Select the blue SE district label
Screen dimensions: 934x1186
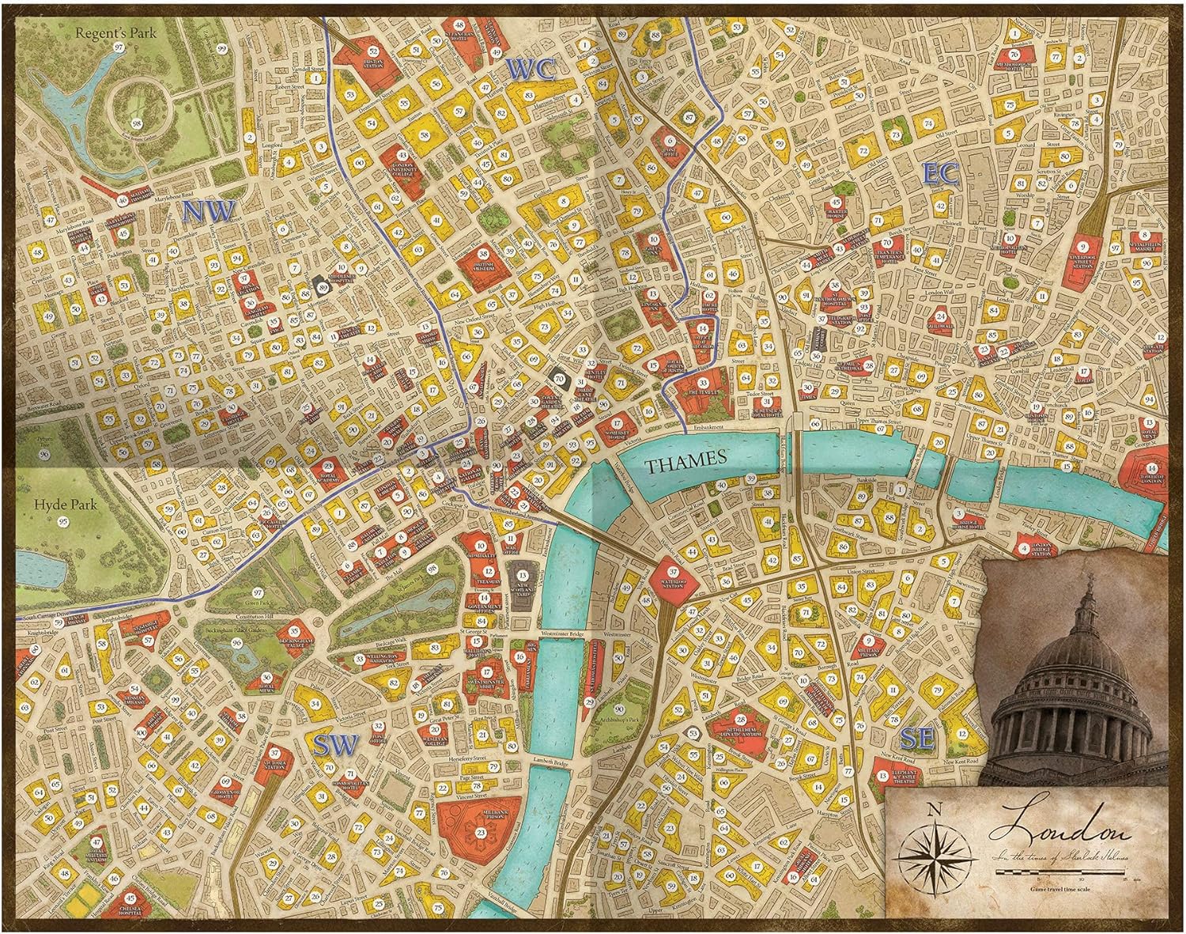point(917,740)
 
